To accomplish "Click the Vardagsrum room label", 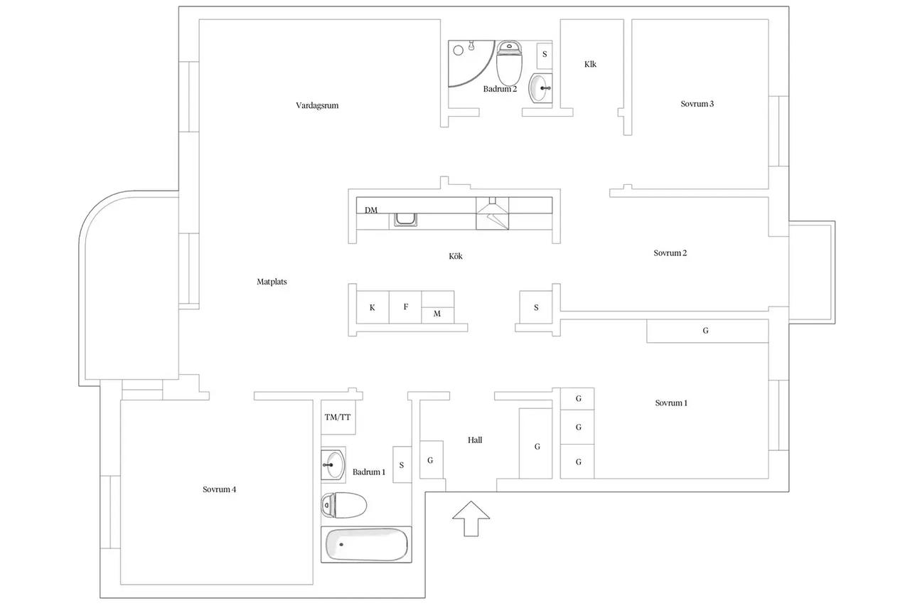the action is coord(317,106).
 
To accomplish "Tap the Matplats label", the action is coord(272,282).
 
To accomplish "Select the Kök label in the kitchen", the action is coord(456,256).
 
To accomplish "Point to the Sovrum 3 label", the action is coord(697,104).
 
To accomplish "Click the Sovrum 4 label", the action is coord(220,489).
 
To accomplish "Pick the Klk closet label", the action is coord(590,64).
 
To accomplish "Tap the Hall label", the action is coord(475,440).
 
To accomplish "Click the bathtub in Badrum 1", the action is coord(366,545).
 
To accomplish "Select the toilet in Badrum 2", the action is coord(509,63).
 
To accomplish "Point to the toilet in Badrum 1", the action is coord(343,505).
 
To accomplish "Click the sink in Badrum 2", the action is coord(540,87).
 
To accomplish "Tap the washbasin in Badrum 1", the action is coord(333,464).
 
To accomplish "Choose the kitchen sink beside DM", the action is coord(405,220).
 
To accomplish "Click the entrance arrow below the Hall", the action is coord(471,519).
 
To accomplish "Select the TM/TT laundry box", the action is coord(338,417).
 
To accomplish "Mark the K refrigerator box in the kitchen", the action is coord(373,307).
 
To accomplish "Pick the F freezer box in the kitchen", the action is coord(405,307).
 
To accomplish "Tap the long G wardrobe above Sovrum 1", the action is coord(707,331).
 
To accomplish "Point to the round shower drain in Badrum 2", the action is coord(459,51).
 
